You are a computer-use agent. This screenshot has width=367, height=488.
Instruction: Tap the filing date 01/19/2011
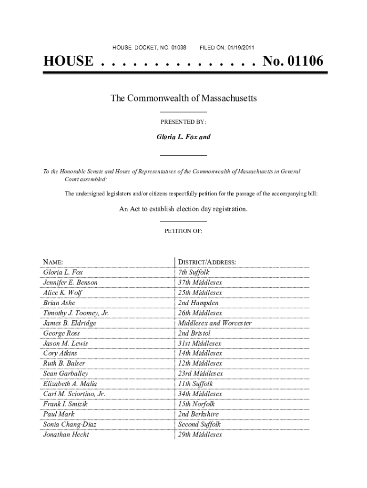[x=241, y=48]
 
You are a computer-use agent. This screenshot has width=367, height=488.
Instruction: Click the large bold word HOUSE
[x=68, y=61]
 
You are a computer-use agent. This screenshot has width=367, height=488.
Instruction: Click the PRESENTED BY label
[x=183, y=122]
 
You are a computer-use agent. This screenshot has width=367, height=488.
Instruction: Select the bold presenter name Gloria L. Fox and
[x=183, y=137]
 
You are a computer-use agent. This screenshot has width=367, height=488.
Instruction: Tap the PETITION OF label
[x=183, y=231]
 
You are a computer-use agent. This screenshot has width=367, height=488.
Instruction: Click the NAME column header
[x=53, y=262]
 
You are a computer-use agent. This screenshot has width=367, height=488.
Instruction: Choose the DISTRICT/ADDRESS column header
[x=207, y=262]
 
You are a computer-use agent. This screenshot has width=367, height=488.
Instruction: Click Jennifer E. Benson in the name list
[x=70, y=283]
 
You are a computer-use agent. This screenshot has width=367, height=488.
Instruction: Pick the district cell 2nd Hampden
[x=198, y=303]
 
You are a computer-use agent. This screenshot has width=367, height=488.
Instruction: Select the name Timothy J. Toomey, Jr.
[x=76, y=313]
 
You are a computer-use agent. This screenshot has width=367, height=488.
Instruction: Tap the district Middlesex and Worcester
[x=214, y=323]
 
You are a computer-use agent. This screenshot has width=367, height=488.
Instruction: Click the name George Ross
[x=61, y=333]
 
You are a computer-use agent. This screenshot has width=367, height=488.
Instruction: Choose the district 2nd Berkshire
[x=198, y=414]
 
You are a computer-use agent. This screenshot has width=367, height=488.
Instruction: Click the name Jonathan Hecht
[x=66, y=434]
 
